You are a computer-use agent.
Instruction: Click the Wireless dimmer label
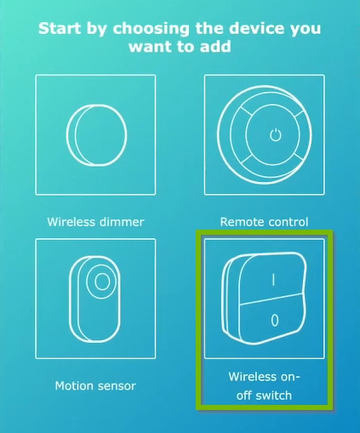tap(95, 222)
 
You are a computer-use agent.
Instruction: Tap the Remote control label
tap(264, 222)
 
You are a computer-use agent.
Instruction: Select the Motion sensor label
tap(95, 385)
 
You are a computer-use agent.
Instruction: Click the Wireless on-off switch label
tap(265, 385)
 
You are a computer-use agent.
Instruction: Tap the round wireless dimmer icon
tap(94, 134)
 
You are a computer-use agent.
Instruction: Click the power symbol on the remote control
tap(273, 134)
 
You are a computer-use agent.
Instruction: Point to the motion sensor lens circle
tap(102, 280)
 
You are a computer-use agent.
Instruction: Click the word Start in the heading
tap(60, 29)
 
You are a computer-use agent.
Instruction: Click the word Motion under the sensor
tap(75, 385)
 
